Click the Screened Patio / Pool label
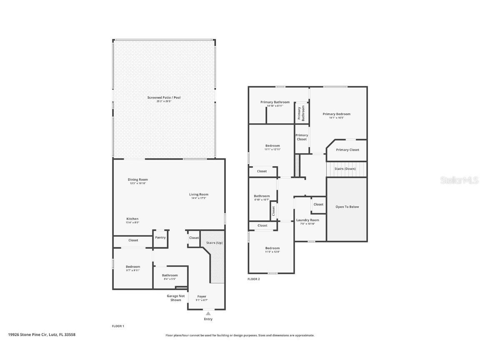click(164, 97)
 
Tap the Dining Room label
click(137, 180)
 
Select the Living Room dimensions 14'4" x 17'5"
click(198, 198)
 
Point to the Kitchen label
click(132, 219)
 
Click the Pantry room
click(160, 237)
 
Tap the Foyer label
click(202, 296)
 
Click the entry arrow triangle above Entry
click(208, 313)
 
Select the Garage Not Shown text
click(175, 298)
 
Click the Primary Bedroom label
click(336, 114)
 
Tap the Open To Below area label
click(347, 207)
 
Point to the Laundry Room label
click(307, 220)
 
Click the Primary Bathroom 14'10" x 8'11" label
click(275, 104)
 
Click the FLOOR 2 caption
click(253, 279)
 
